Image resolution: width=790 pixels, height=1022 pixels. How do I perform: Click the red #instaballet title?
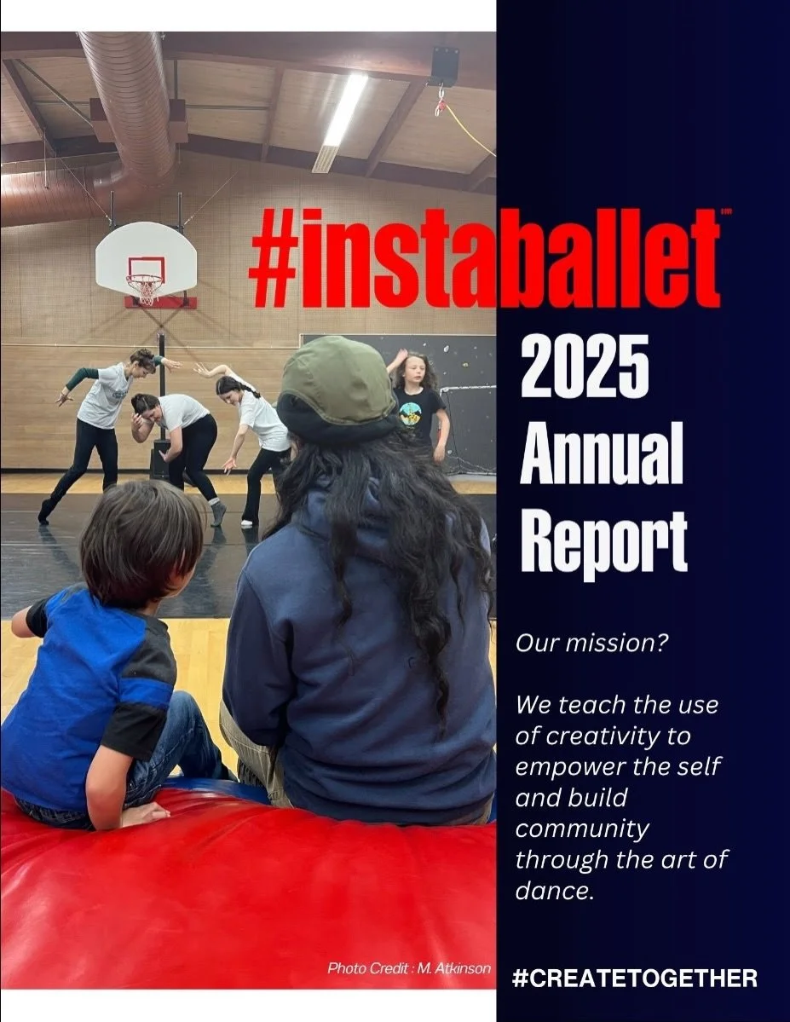click(484, 259)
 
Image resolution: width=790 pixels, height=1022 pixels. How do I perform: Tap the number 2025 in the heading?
click(585, 366)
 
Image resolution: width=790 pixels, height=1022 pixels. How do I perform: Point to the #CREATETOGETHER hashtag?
click(634, 978)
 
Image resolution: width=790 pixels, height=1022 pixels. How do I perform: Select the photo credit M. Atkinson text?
click(409, 967)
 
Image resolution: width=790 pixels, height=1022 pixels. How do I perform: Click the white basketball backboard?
click(146, 259)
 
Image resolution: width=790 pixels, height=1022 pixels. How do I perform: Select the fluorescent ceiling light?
click(342, 119)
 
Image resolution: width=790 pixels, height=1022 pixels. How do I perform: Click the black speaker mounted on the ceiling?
click(445, 65)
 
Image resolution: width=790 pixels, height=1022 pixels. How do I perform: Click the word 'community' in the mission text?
click(582, 829)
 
